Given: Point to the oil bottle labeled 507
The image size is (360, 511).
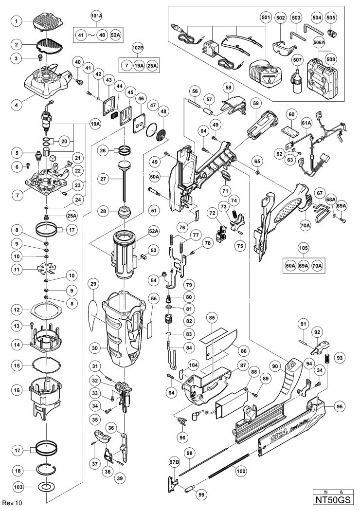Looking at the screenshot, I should [291, 77].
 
